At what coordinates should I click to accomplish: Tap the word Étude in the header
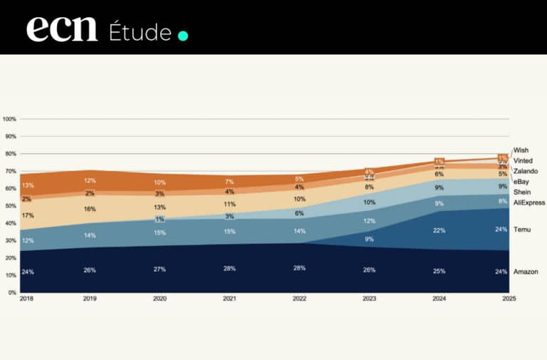pos(140,32)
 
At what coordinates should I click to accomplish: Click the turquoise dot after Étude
pos(182,35)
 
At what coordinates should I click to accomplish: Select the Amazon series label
pos(526,272)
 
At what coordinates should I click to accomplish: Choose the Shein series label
pos(521,192)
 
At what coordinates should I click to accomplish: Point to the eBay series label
pos(521,182)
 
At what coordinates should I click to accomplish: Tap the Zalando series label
pos(525,171)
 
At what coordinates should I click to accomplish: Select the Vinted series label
pos(523,160)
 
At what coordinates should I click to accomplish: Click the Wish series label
pos(521,150)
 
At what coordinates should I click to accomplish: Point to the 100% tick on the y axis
pos(9,119)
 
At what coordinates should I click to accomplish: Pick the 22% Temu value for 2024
pos(439,230)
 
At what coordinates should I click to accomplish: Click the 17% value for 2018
pos(27,215)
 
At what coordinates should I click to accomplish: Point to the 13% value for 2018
pos(27,185)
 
